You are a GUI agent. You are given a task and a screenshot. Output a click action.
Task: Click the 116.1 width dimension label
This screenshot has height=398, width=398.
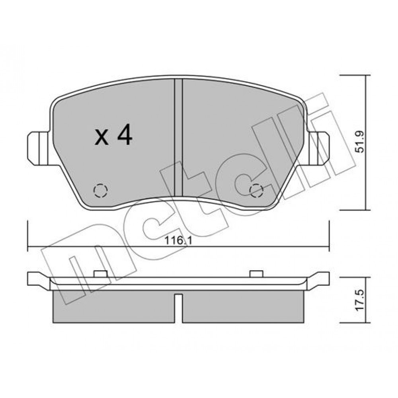[x=178, y=240]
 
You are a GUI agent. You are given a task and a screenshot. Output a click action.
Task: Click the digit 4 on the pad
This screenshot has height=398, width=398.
[x=125, y=135]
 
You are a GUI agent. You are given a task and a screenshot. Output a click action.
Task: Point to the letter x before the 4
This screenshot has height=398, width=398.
[x=101, y=138]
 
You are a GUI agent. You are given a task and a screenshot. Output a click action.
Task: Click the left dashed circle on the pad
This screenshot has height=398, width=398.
[x=101, y=190]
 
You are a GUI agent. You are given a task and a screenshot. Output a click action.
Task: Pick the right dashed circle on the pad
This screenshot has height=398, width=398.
[x=256, y=190]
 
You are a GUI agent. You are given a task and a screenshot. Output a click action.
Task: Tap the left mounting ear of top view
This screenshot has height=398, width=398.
[x=38, y=148]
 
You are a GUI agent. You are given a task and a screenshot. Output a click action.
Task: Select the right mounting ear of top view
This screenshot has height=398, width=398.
[x=318, y=148]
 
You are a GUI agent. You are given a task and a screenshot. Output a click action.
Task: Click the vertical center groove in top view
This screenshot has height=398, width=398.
[x=179, y=137]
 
